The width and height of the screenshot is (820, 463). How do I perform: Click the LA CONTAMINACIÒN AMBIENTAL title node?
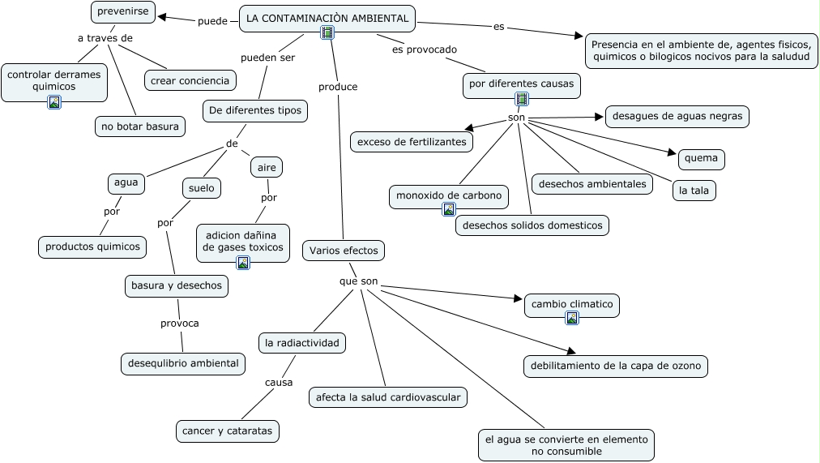click(327, 18)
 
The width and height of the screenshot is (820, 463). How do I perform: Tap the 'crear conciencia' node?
click(190, 79)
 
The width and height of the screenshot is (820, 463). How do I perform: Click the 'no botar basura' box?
click(140, 126)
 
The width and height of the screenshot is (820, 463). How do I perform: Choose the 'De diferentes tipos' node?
click(254, 110)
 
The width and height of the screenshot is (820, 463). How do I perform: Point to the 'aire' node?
click(266, 167)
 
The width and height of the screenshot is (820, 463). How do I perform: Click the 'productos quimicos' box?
click(92, 247)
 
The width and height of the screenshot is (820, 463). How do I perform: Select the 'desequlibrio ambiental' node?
click(183, 363)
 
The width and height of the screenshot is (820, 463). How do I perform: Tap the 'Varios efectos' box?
click(344, 251)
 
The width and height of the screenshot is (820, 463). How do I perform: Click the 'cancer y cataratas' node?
click(228, 431)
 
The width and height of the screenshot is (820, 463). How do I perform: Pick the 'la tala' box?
click(694, 190)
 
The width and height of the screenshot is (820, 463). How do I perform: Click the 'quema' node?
click(701, 158)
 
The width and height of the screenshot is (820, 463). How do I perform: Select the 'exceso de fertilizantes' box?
click(412, 141)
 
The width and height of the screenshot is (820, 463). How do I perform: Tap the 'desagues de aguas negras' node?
click(677, 116)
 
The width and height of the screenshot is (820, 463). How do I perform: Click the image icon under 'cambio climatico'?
click(572, 319)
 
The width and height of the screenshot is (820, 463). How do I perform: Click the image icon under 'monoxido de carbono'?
click(449, 209)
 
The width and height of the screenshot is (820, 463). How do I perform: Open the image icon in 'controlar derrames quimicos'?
click(54, 102)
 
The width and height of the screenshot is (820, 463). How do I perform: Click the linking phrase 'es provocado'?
click(425, 49)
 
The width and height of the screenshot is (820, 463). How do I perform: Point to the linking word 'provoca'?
click(179, 323)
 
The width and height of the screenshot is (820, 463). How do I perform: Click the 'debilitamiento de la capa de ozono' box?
click(616, 366)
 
